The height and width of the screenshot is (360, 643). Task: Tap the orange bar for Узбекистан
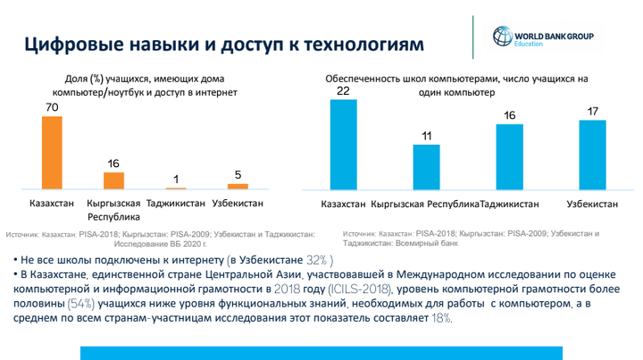pyautogui.click(x=238, y=186)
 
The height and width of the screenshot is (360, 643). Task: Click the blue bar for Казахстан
pyautogui.click(x=343, y=144)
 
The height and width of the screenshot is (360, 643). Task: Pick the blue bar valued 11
pyautogui.click(x=426, y=166)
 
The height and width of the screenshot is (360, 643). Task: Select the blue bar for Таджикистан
pyautogui.click(x=509, y=156)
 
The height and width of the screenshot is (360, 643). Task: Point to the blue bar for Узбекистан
pyautogui.click(x=592, y=155)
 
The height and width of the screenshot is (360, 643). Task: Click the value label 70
pyautogui.click(x=52, y=108)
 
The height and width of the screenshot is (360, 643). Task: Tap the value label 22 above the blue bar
pyautogui.click(x=343, y=91)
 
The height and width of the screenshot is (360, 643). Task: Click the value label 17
pyautogui.click(x=593, y=112)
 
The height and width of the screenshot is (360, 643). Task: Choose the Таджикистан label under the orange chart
pyautogui.click(x=176, y=203)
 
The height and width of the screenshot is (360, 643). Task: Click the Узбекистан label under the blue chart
pyautogui.click(x=592, y=205)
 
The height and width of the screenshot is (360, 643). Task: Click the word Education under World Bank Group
pyautogui.click(x=528, y=42)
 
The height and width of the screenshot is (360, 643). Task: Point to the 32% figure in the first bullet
pyautogui.click(x=319, y=260)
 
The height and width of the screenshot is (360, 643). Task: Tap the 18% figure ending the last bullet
pyautogui.click(x=442, y=319)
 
